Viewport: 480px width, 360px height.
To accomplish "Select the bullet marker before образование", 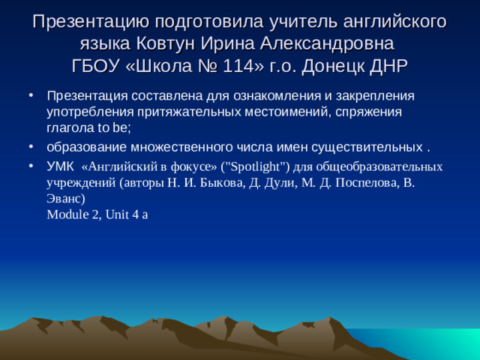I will [x=30, y=145].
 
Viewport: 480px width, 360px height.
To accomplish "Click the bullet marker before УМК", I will [x=30, y=166].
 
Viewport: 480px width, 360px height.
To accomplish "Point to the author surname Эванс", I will [x=63, y=197].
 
